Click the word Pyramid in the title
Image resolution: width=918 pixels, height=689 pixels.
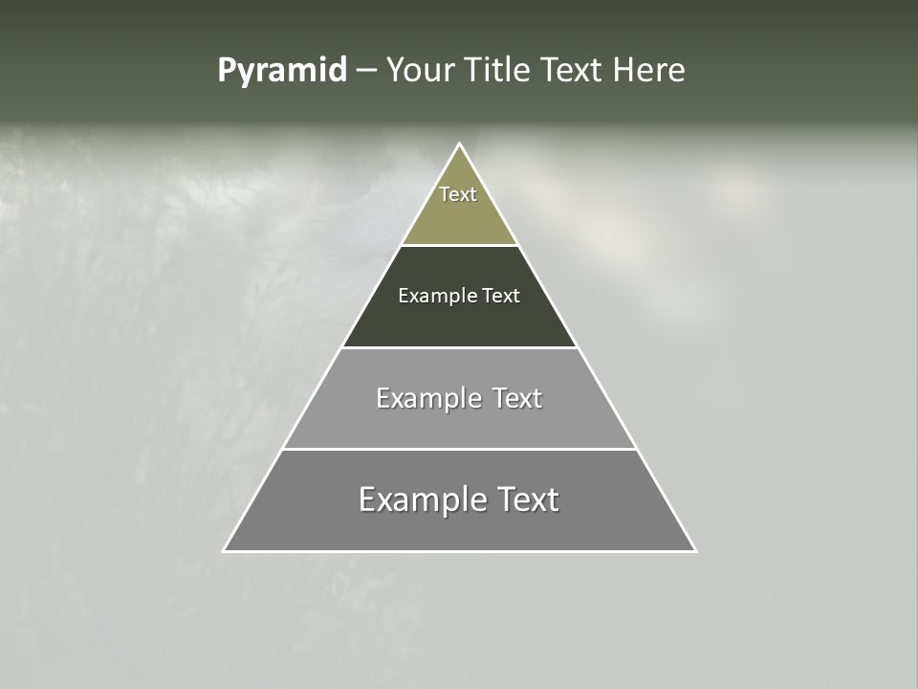point(281,71)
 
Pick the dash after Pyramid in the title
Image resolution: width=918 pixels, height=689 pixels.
point(366,72)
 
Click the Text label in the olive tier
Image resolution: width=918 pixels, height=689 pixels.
point(458,194)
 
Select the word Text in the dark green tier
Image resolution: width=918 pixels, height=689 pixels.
point(501,297)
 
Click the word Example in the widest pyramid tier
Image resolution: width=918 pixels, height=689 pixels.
point(421,500)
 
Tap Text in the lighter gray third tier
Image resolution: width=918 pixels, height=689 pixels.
point(516,398)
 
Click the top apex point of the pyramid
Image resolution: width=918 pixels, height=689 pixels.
point(460,144)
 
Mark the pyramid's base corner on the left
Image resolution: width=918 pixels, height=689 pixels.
point(224,550)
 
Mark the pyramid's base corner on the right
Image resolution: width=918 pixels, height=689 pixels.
point(695,550)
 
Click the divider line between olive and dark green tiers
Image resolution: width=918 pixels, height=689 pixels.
point(460,245)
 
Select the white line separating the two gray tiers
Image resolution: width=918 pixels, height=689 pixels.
point(460,449)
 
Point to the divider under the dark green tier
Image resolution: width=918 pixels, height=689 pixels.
point(460,347)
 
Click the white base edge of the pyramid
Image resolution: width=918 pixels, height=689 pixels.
point(460,551)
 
